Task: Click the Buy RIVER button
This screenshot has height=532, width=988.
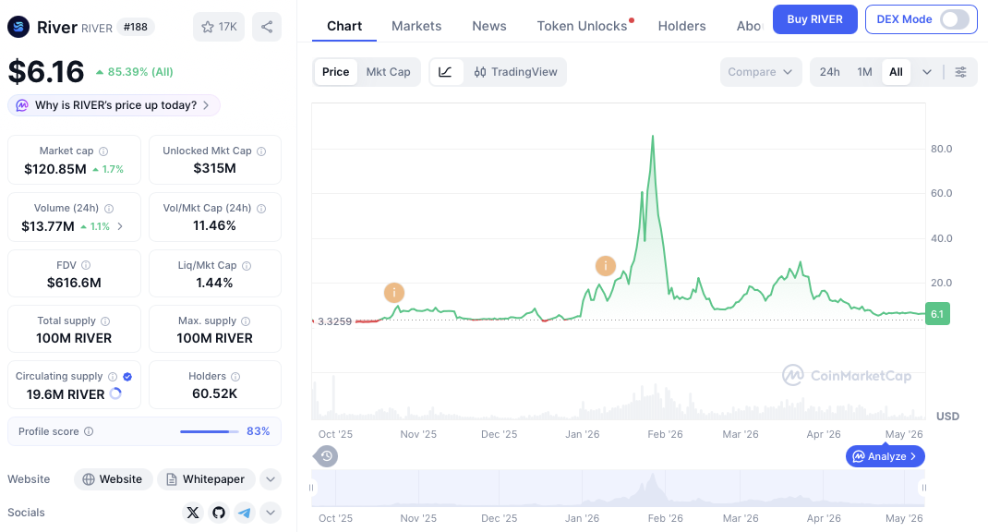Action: coord(814,19)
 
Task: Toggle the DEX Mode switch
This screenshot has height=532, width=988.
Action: coord(955,19)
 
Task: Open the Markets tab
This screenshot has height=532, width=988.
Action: coord(416,26)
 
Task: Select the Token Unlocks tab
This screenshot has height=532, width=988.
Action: coord(583,26)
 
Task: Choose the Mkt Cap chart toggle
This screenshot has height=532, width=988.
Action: coord(388,72)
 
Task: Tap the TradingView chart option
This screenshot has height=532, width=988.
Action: coord(515,72)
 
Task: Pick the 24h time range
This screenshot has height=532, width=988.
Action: coord(829,72)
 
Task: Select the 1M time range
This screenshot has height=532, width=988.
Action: coord(864,72)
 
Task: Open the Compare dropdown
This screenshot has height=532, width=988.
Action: coord(761,72)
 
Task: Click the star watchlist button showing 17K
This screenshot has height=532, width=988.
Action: coord(219,27)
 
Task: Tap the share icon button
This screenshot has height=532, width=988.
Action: coord(267,27)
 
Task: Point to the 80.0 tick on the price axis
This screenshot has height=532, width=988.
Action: coord(942,149)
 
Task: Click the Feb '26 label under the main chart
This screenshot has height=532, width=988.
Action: coord(666,434)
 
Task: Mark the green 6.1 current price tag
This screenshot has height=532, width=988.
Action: coord(937,314)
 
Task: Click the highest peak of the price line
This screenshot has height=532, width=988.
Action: coord(653,136)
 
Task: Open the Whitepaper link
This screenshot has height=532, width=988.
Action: coord(206,479)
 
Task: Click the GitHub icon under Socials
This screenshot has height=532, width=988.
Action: coord(219,513)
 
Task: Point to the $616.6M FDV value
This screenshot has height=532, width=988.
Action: coord(74,283)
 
